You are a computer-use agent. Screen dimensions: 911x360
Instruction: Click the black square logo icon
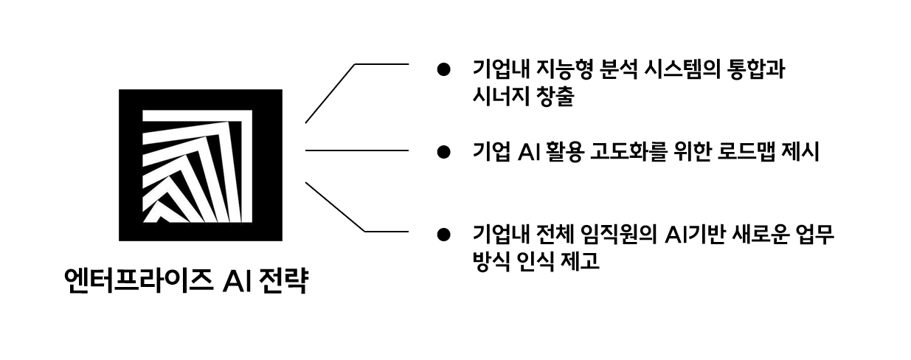(201, 165)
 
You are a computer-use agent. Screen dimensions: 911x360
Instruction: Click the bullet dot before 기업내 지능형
(443, 71)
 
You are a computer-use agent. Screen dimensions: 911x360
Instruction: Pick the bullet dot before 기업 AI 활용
(443, 152)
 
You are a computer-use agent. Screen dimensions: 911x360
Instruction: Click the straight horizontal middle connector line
(356, 150)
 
